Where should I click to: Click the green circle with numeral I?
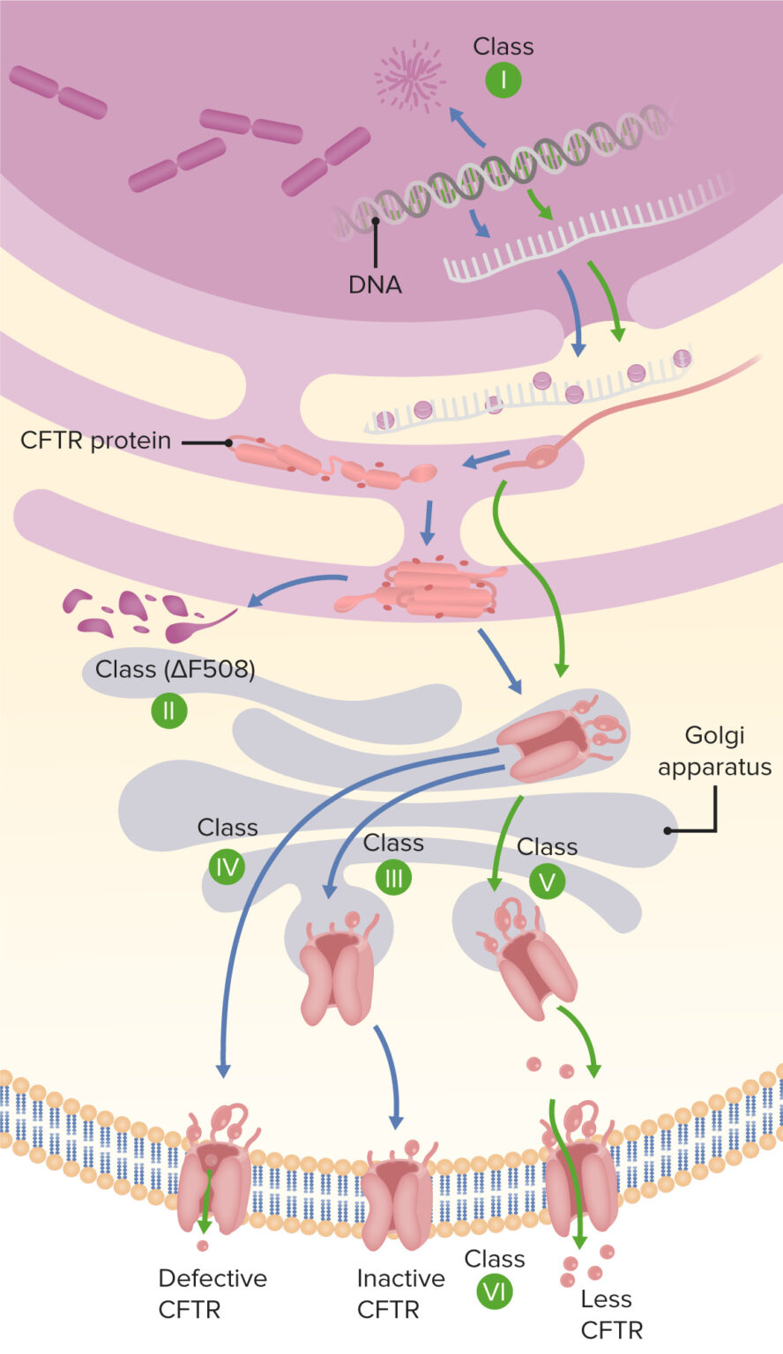tap(503, 80)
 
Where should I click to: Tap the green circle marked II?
tap(168, 710)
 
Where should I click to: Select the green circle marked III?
tap(393, 878)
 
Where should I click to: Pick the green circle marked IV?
tap(227, 868)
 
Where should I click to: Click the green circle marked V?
tap(546, 882)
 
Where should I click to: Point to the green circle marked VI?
tap(495, 1292)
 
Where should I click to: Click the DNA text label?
tap(375, 285)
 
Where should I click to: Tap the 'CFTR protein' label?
tap(95, 440)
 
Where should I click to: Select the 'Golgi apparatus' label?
tap(714, 751)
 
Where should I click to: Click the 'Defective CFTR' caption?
tap(213, 1293)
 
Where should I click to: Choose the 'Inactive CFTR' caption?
tap(401, 1293)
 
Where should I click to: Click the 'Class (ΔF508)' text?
tap(175, 670)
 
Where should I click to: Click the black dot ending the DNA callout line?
tap(375, 222)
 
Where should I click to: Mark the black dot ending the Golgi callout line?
tap(667, 830)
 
